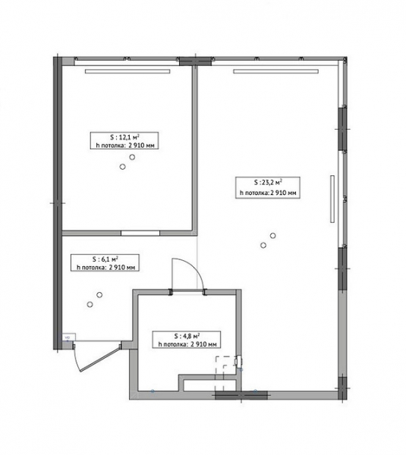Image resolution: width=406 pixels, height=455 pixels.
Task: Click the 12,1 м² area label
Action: (124, 141)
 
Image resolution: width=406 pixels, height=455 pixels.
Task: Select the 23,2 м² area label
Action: (267, 187)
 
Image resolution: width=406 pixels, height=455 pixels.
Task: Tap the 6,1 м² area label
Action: (105, 263)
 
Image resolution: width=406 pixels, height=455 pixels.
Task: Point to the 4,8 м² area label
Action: (187, 340)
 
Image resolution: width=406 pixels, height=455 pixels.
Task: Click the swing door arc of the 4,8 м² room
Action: (194, 268)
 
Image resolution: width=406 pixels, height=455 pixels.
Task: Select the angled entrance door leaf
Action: (100, 359)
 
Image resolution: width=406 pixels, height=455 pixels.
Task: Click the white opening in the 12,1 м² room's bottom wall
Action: (140, 233)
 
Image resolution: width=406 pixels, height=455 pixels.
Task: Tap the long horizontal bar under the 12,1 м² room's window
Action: (127, 71)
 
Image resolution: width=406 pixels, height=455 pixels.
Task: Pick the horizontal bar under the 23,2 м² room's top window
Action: (276, 71)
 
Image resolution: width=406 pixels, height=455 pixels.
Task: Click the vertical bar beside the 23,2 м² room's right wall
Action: (332, 199)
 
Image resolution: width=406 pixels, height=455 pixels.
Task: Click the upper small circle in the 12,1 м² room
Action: (132, 157)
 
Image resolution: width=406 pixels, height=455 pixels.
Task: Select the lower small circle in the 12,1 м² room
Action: (122, 167)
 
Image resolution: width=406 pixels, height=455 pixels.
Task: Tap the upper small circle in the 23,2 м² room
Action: (272, 236)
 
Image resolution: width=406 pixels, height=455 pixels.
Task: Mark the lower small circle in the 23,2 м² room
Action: (263, 245)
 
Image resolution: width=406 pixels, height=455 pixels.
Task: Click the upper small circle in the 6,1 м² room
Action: (99, 295)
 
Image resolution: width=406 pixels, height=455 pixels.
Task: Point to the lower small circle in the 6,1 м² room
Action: (90, 304)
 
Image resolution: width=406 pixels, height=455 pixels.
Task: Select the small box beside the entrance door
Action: (69, 337)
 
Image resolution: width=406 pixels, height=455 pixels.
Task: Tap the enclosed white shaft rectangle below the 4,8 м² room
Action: (209, 384)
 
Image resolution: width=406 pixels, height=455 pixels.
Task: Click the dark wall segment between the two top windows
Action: (195, 61)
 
